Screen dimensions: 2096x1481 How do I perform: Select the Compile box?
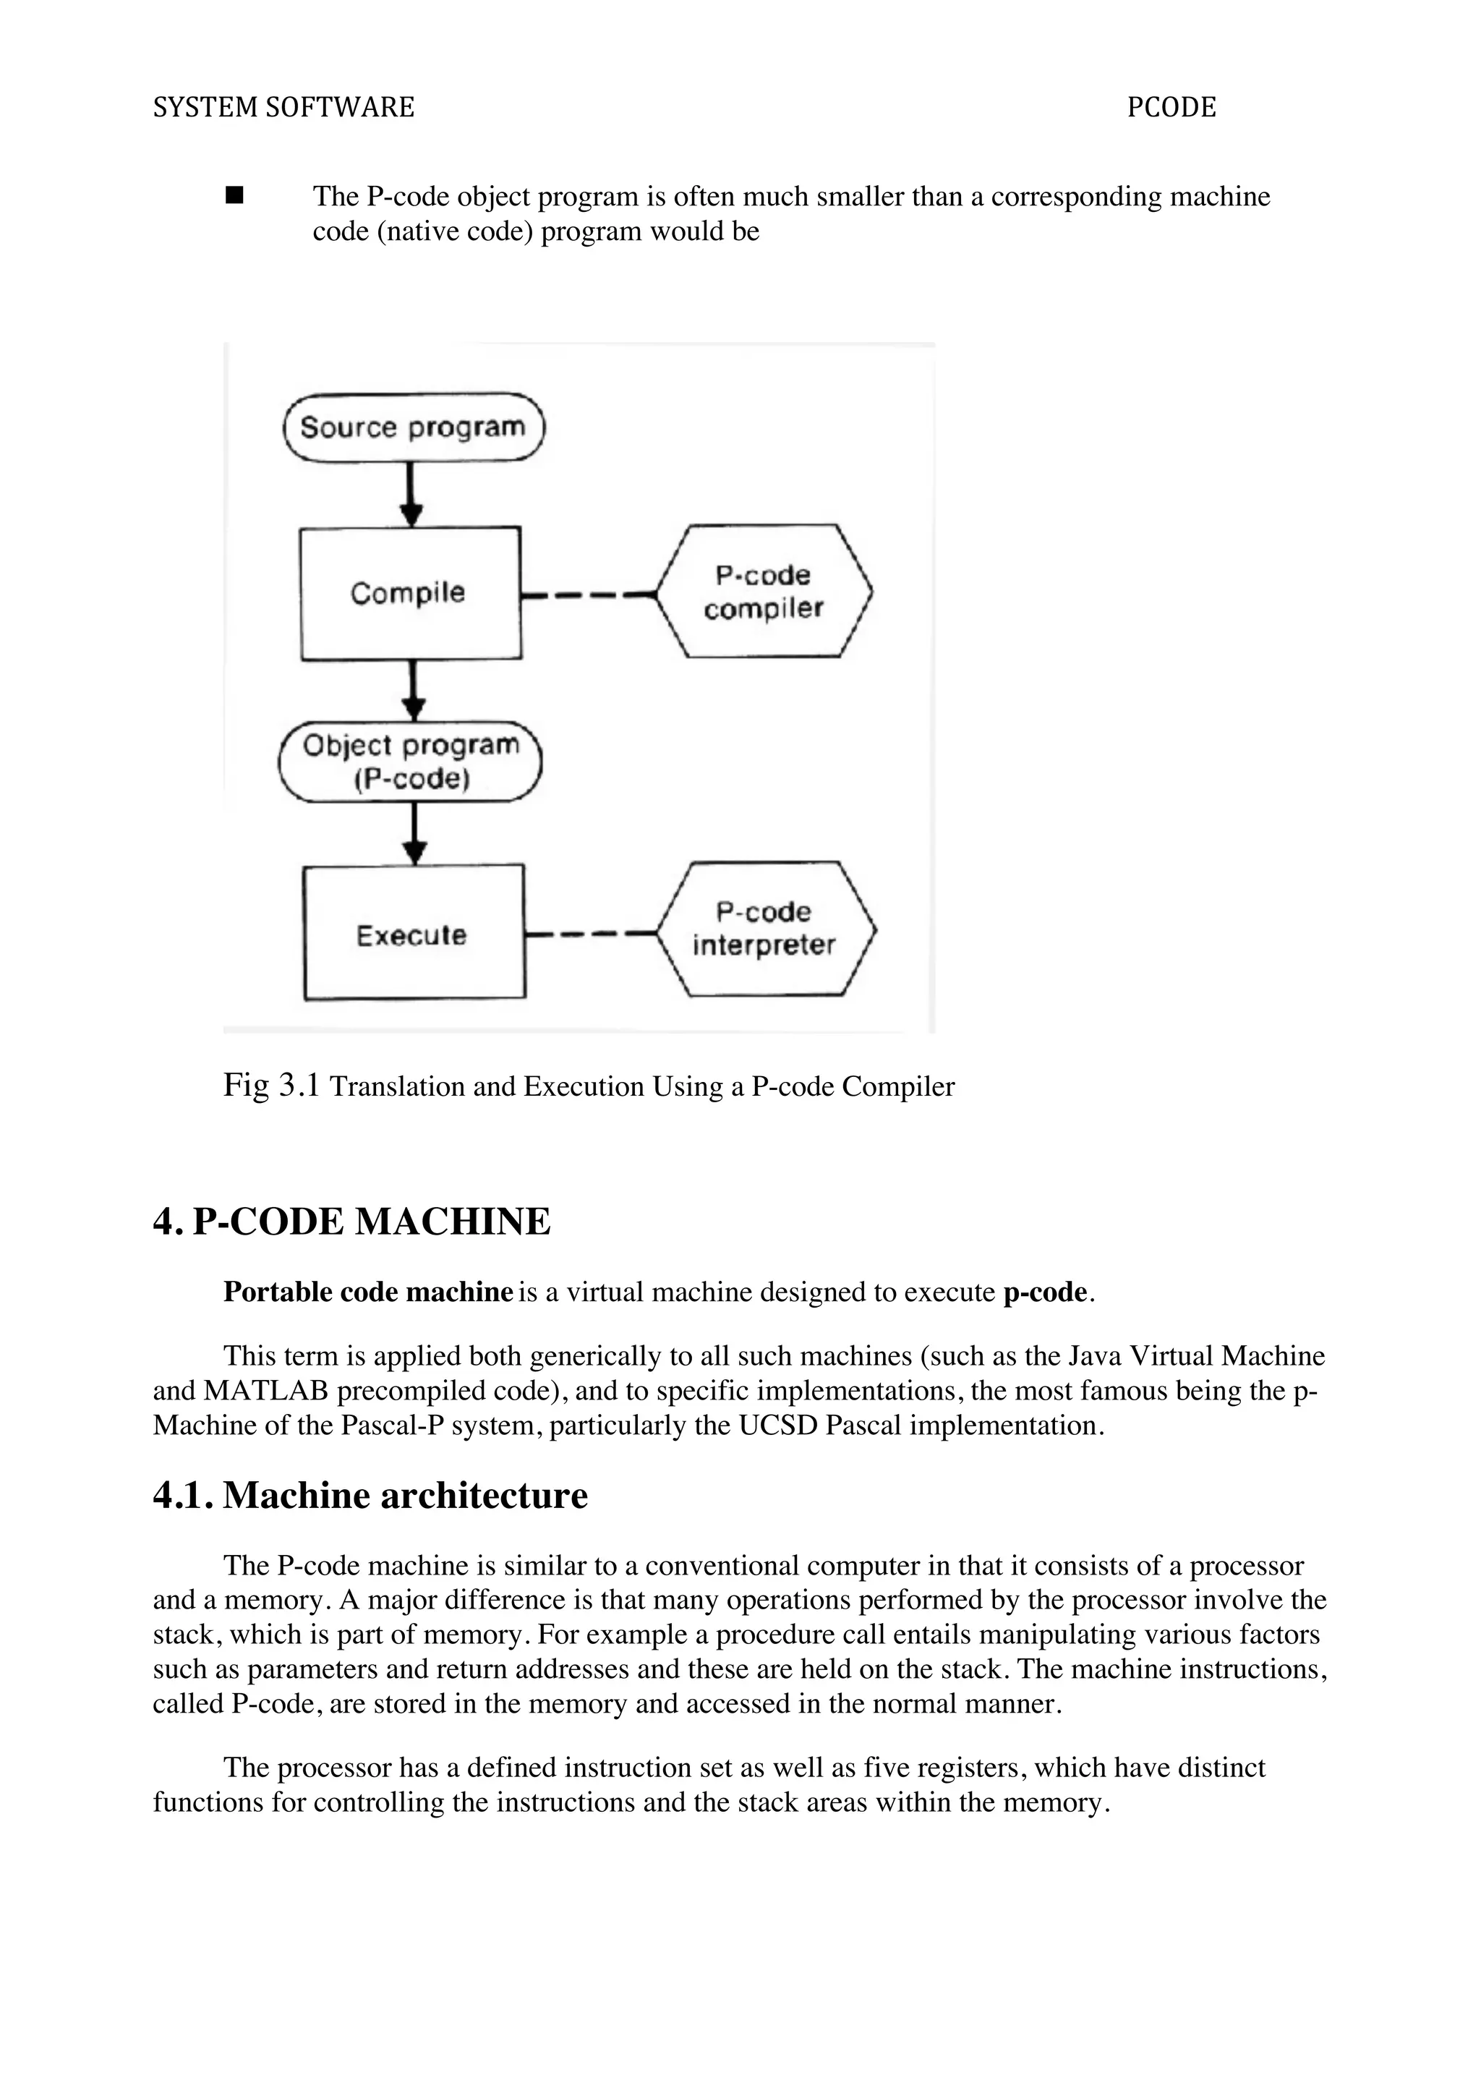point(411,593)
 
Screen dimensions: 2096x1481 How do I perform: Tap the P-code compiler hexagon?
point(764,592)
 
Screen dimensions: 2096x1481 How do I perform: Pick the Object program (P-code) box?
point(411,762)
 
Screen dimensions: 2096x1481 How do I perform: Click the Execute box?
point(414,933)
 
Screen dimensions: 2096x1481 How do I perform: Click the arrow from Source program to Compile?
point(411,494)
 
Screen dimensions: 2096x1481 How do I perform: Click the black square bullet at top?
point(234,195)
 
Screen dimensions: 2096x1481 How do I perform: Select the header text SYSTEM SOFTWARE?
point(283,108)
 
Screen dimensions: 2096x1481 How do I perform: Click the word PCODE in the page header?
point(1171,108)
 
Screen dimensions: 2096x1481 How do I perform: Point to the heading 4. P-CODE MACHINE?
point(351,1222)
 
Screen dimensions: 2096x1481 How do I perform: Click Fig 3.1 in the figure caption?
point(271,1086)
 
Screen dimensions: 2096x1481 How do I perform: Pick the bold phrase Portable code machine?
point(368,1292)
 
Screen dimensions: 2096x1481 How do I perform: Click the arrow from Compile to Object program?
point(414,690)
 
